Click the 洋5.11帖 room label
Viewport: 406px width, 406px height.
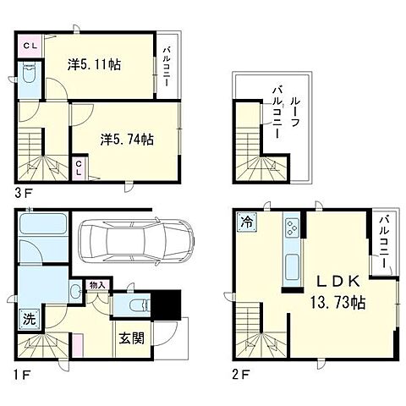94,64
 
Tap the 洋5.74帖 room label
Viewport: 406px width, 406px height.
127,139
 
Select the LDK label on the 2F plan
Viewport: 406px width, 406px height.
338,282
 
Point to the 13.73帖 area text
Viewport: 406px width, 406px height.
337,303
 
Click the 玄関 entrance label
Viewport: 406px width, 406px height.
131,337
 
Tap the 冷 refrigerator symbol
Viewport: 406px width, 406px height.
247,222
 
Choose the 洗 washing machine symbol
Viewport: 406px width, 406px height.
30,319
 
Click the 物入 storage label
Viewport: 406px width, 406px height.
97,285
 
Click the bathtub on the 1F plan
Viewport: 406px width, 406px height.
43,223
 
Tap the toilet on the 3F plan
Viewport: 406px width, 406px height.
29,72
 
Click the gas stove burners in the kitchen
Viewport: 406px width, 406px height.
292,228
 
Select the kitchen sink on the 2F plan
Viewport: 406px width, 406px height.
293,266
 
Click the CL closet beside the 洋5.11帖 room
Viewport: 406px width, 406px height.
30,46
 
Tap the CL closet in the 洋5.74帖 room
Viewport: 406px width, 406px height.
79,167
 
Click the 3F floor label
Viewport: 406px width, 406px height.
25,194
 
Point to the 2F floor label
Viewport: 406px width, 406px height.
240,375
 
